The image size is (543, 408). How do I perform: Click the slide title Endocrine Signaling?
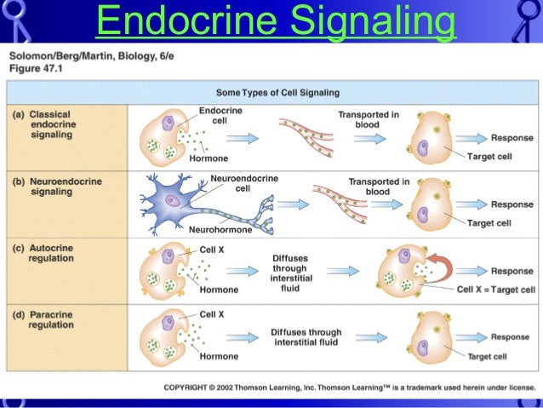point(275,21)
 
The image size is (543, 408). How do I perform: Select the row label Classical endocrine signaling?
point(51,124)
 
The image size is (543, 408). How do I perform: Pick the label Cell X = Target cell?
point(495,290)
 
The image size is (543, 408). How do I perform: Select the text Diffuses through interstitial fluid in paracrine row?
point(306,337)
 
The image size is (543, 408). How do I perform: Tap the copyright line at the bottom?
point(348,388)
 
